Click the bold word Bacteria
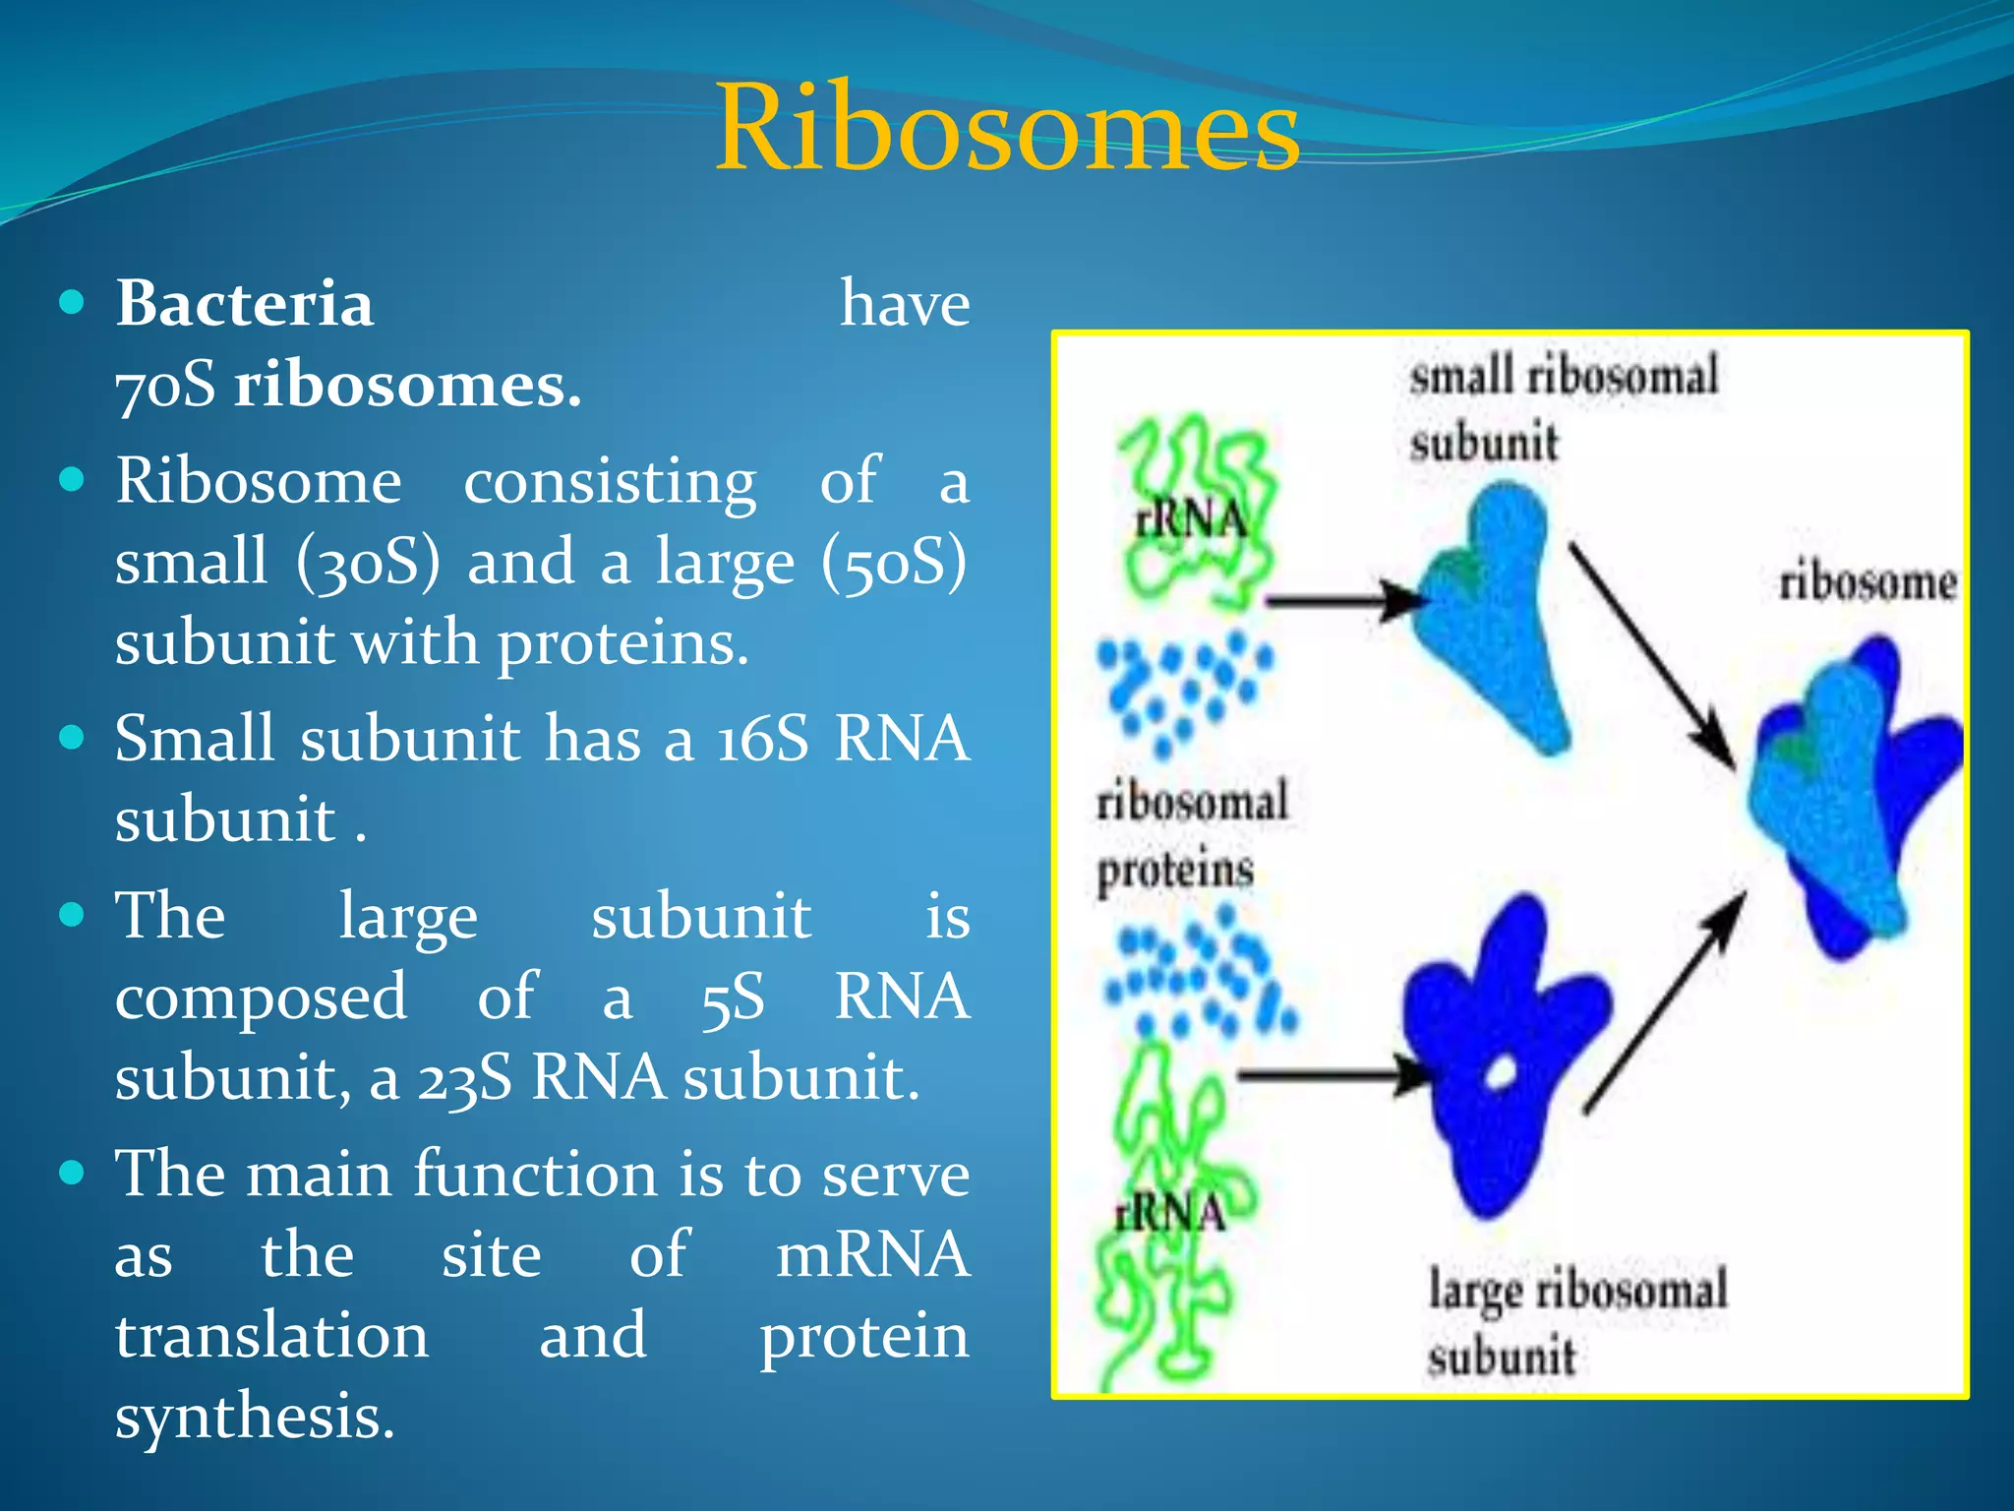[245, 303]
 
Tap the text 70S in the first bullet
[165, 385]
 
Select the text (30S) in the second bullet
[368, 563]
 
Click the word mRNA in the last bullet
[871, 1256]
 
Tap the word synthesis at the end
[254, 1418]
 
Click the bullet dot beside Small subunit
[72, 738]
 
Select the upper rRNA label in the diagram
[1191, 519]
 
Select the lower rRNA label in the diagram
[1169, 1212]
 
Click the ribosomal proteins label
[1190, 834]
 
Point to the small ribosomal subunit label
[1564, 408]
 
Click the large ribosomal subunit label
[1576, 1321]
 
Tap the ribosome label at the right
[1866, 582]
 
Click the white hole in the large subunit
[1502, 1073]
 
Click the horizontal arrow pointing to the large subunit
[1328, 1075]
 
